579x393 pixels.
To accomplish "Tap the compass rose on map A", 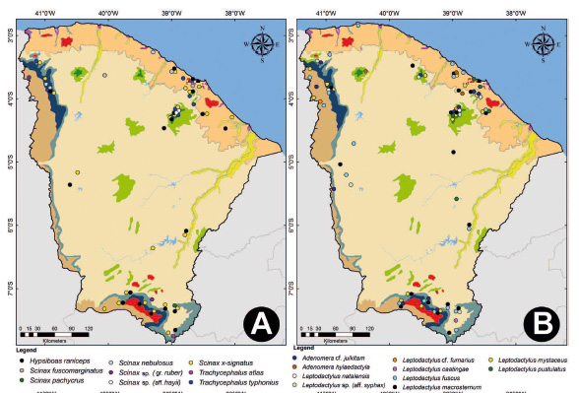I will coord(262,44).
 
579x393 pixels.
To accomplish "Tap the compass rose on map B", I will coord(546,44).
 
